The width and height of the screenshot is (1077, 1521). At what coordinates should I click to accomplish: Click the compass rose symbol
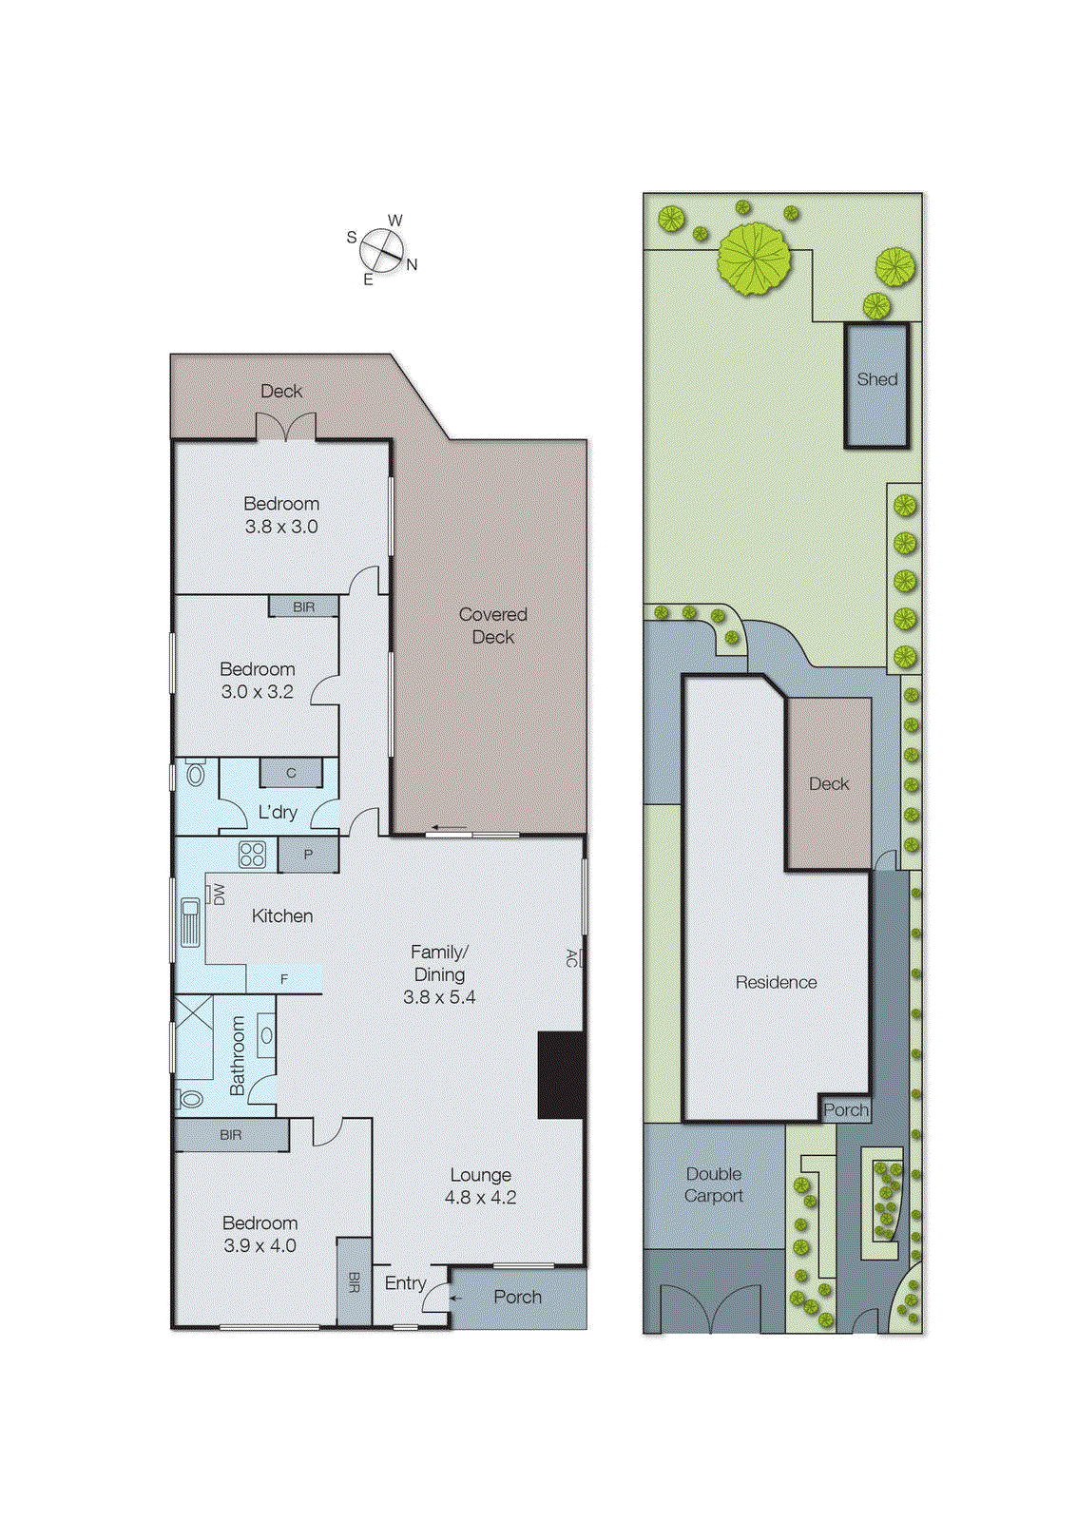tap(382, 250)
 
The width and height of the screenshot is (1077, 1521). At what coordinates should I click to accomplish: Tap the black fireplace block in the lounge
tap(561, 1075)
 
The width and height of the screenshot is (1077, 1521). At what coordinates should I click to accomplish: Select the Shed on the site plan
tap(876, 384)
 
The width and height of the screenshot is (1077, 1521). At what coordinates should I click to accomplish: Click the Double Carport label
tap(714, 1184)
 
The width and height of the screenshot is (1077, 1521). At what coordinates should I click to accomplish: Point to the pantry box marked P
tap(308, 855)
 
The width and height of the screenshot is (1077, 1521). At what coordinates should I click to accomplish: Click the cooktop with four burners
tap(252, 855)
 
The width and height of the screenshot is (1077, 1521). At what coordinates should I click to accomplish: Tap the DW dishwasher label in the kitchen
tap(219, 894)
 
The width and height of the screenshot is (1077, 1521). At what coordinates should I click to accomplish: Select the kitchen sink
tap(189, 921)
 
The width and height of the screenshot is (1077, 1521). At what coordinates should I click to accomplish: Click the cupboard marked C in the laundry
tap(291, 773)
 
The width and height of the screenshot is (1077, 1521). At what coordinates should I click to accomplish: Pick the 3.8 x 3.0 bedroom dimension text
tap(281, 527)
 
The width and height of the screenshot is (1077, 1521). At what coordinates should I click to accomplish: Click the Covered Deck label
tap(492, 626)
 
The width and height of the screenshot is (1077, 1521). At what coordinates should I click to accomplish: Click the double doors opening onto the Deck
tap(286, 427)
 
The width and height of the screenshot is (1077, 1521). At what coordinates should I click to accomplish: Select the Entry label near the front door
tap(405, 1283)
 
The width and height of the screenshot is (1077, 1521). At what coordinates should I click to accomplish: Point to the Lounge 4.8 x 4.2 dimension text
tap(481, 1198)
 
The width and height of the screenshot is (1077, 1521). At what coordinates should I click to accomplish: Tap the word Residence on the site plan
tap(776, 982)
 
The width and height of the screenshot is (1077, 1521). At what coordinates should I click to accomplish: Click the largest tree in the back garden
tap(754, 258)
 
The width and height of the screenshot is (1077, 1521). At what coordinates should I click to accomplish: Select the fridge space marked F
tap(283, 979)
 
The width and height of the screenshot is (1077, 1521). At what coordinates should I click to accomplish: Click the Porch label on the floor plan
tap(517, 1297)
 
